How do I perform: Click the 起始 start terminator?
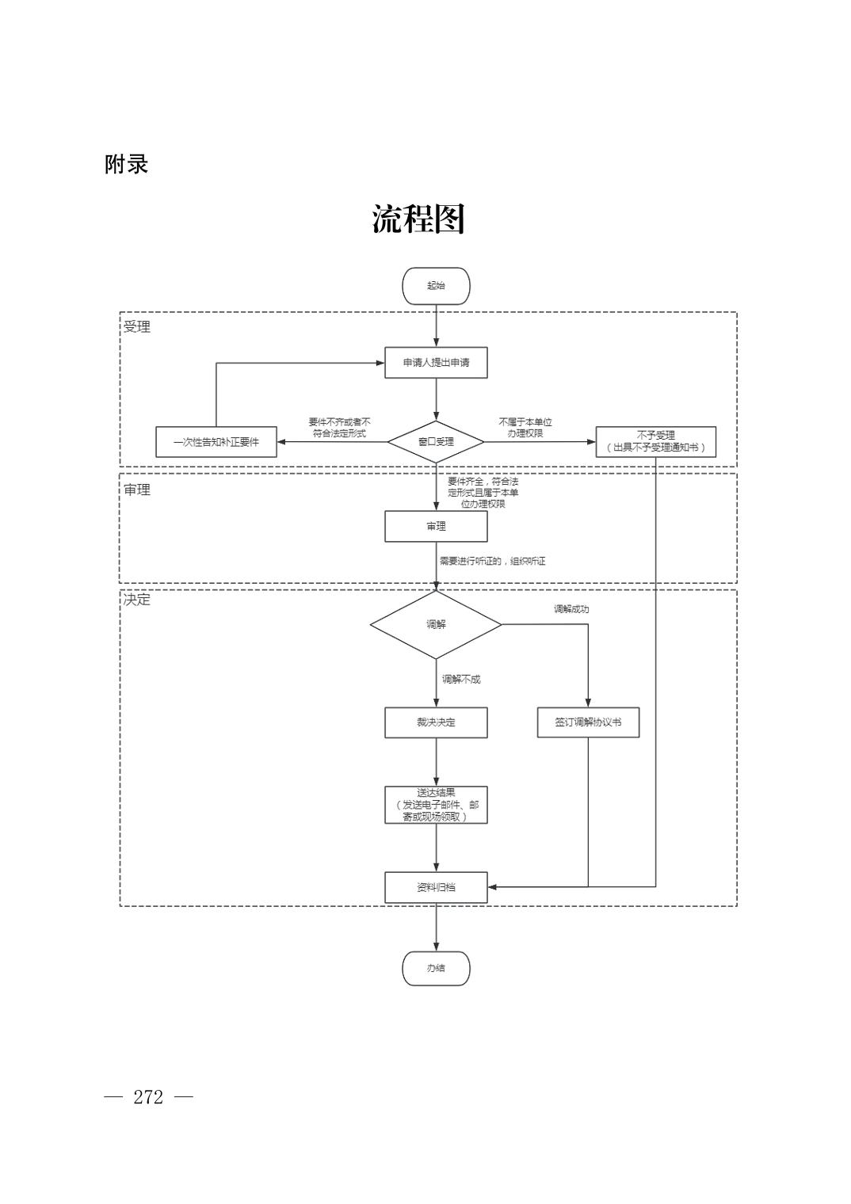click(436, 286)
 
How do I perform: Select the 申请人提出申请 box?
click(436, 363)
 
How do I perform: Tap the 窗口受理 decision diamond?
click(436, 441)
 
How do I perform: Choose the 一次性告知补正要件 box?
click(216, 441)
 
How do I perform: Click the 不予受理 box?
click(655, 441)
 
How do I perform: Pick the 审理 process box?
click(436, 526)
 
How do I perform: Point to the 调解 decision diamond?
click(436, 624)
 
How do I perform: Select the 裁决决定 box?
click(436, 722)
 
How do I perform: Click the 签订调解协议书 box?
click(588, 722)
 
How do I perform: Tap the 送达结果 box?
click(436, 805)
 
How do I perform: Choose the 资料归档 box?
click(436, 887)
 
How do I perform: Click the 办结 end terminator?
click(436, 968)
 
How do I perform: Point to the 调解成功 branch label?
click(571, 609)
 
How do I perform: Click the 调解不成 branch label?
click(461, 679)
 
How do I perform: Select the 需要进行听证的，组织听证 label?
click(492, 561)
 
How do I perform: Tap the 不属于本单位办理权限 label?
click(525, 428)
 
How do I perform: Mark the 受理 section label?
click(137, 326)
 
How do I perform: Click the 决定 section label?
click(137, 600)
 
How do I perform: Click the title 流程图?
click(418, 219)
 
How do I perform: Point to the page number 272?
click(148, 1097)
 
